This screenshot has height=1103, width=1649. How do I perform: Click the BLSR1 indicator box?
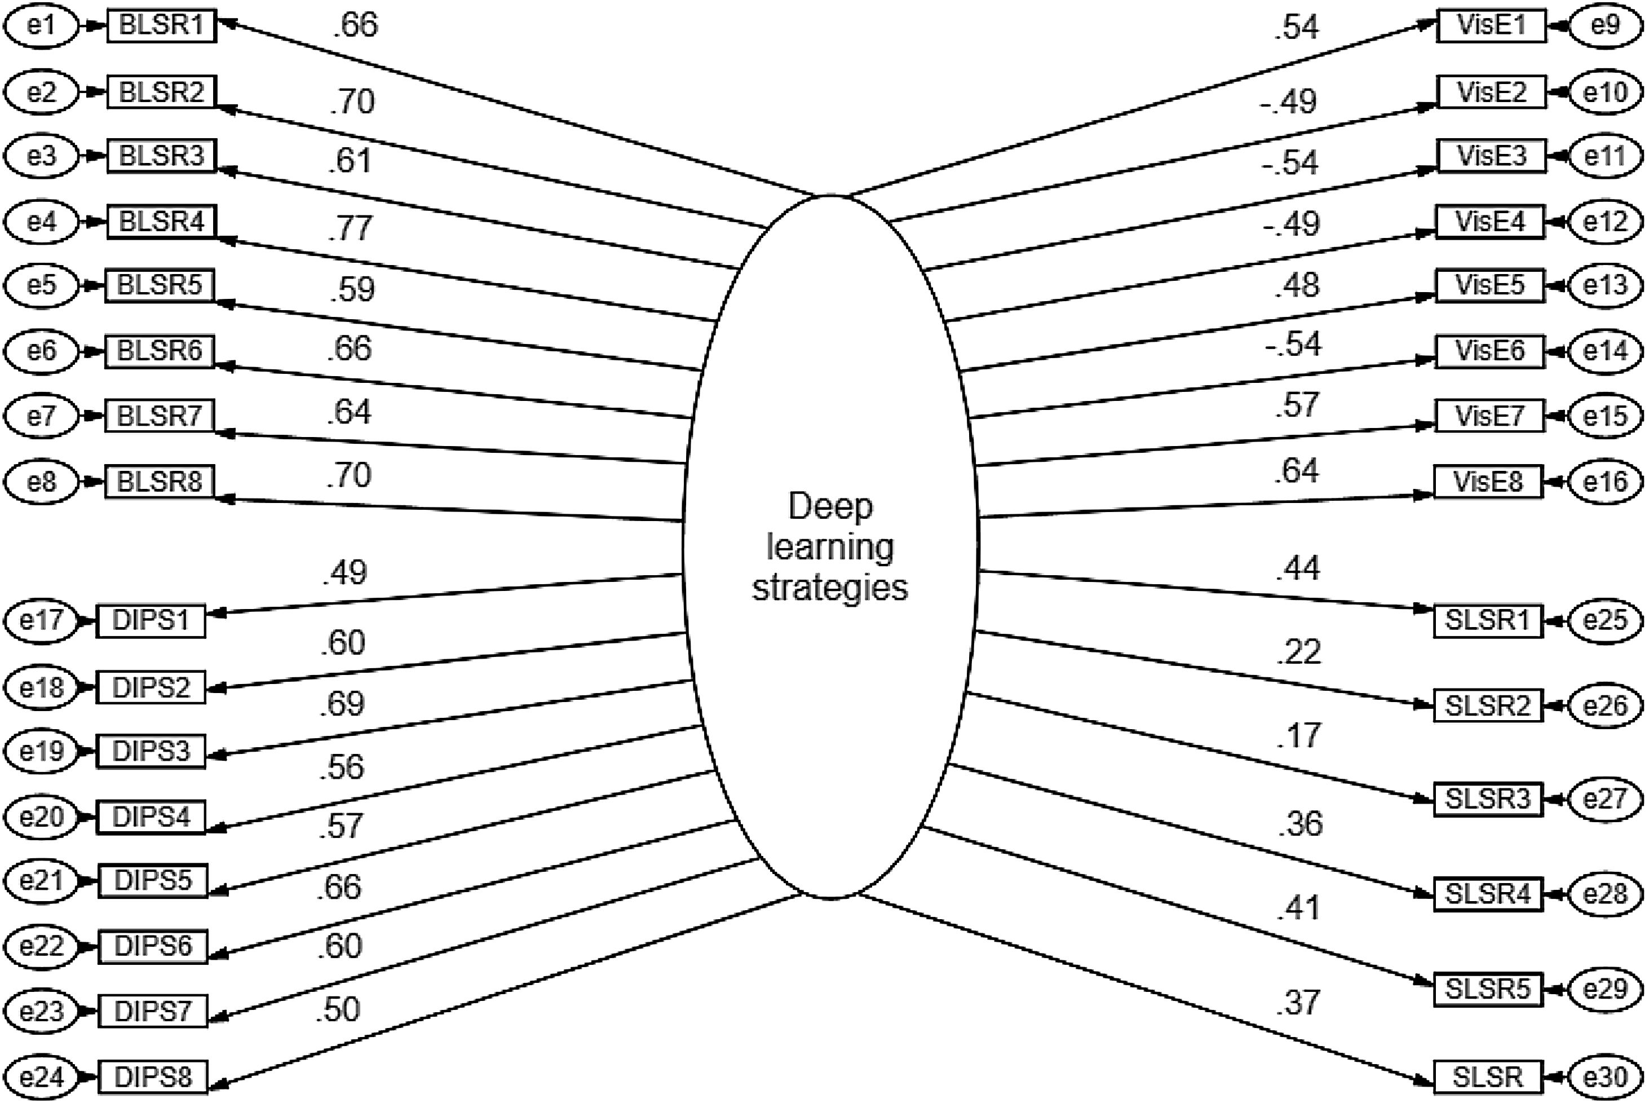[x=161, y=26]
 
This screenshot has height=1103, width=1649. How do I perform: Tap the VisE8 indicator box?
[x=1489, y=482]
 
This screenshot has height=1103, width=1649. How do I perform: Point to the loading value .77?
[x=350, y=228]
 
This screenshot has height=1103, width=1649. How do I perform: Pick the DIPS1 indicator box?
[x=151, y=620]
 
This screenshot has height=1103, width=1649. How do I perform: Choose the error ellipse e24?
[x=42, y=1077]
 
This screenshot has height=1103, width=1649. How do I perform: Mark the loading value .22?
[x=1299, y=652]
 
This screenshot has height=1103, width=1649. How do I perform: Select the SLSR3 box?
[x=1487, y=799]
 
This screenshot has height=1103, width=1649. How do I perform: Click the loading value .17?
[x=1299, y=736]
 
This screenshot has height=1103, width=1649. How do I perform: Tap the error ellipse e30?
[x=1606, y=1077]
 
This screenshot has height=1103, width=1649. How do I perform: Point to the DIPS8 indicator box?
[x=153, y=1077]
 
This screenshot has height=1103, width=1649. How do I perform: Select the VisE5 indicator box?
[x=1489, y=285]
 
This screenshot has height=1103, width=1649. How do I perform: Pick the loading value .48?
[x=1297, y=285]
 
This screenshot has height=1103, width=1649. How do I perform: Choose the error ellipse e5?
[x=42, y=285]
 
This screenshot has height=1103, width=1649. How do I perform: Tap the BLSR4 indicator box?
[x=161, y=222]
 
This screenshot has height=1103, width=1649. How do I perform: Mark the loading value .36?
[x=1300, y=823]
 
